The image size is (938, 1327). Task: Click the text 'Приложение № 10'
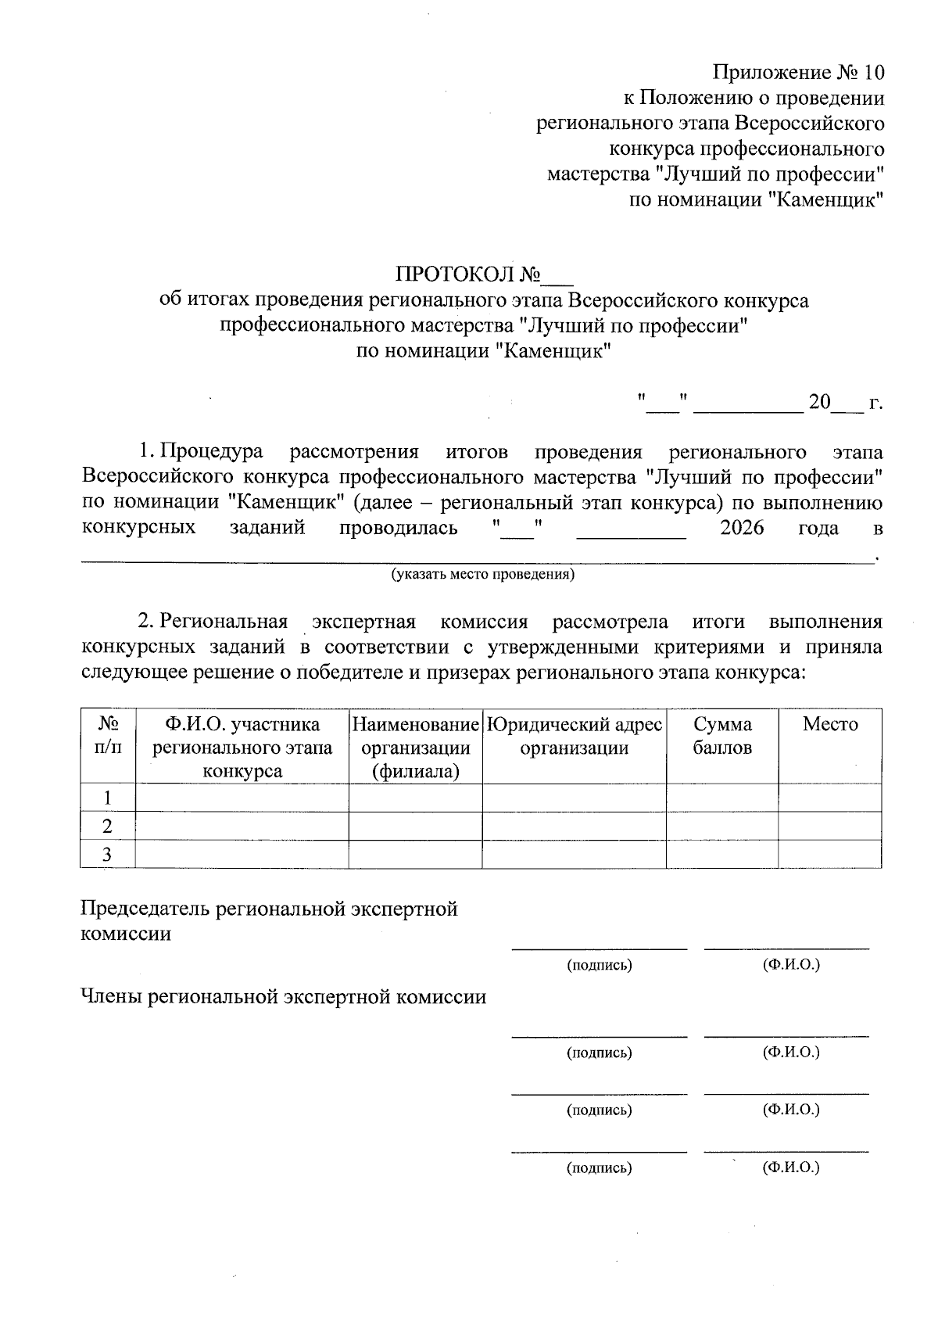point(798,73)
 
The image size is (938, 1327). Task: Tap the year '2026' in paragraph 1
point(741,528)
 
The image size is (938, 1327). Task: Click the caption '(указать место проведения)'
point(483,575)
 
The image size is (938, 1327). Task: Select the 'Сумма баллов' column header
point(721,736)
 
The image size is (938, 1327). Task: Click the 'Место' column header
point(829,724)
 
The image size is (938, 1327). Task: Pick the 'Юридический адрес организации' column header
point(574,736)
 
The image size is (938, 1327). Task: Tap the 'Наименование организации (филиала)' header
point(415,748)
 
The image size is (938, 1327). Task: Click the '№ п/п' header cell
point(108,736)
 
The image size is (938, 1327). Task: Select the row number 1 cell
point(108,798)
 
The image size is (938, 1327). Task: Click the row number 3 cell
point(108,855)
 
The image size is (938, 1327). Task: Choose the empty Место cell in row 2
point(829,827)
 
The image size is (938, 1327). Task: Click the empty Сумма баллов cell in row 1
point(721,798)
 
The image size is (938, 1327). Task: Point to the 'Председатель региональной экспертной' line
point(269,909)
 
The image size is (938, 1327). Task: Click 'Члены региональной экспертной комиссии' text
point(283,997)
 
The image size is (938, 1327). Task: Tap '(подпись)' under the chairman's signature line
point(599,965)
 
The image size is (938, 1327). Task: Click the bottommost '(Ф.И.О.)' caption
point(791,1167)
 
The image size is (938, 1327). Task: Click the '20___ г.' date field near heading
point(845,403)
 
